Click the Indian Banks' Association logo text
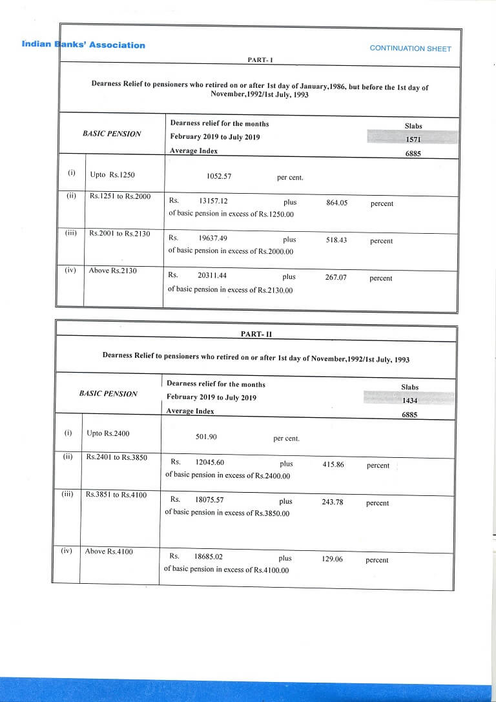click(83, 45)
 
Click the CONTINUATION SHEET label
click(410, 48)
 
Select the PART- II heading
click(256, 334)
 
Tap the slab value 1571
click(413, 139)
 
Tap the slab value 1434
click(409, 401)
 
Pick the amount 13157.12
click(214, 201)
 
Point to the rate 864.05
click(336, 203)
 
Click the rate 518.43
click(336, 240)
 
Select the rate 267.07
click(335, 278)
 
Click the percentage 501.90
click(206, 437)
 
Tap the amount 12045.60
click(209, 462)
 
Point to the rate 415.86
click(333, 464)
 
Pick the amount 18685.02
click(208, 556)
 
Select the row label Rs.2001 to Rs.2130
click(119, 233)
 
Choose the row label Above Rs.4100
click(108, 552)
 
